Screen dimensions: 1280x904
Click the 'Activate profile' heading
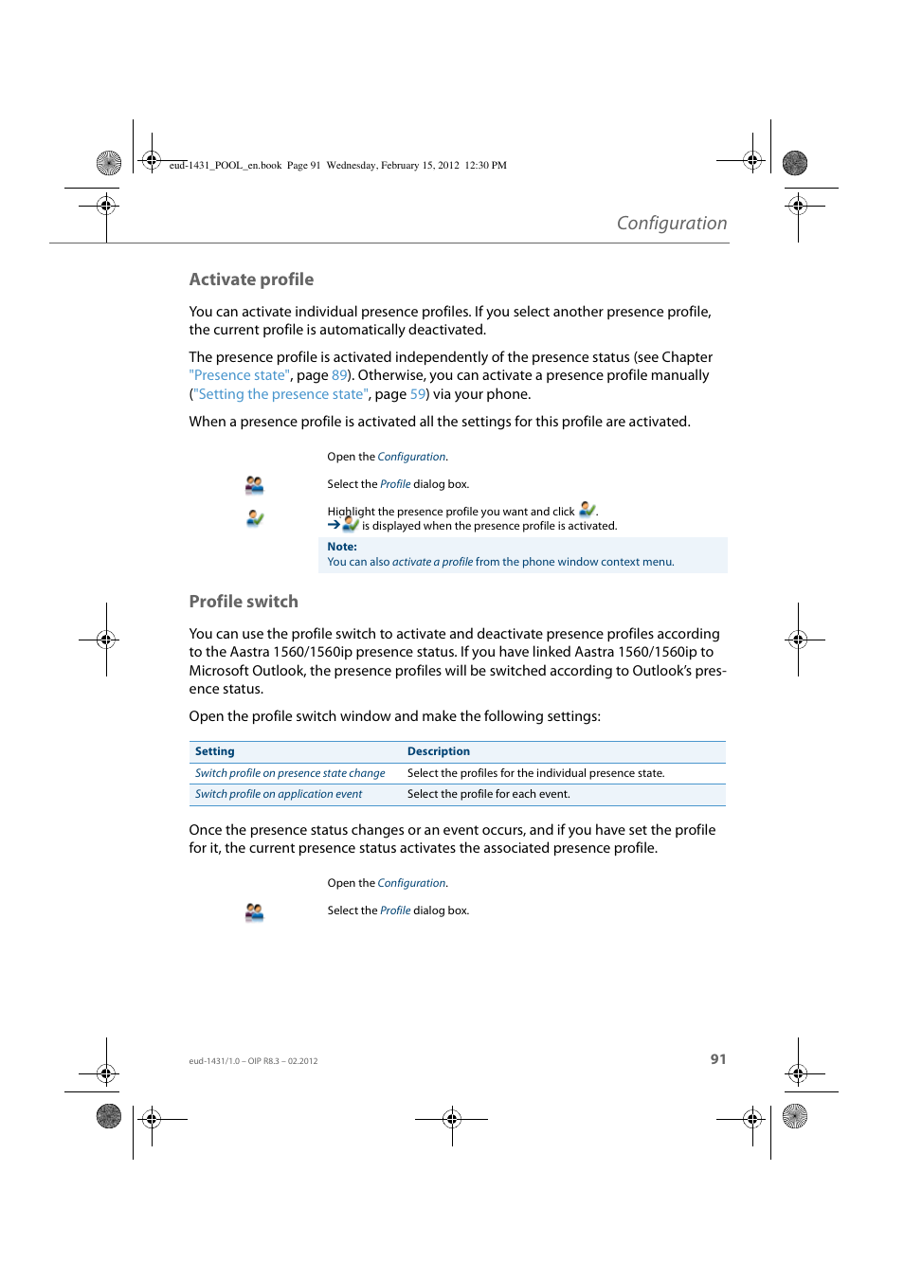click(251, 279)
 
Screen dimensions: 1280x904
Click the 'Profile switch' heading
click(244, 602)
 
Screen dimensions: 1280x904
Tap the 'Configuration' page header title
click(671, 224)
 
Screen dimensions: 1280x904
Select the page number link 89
click(338, 376)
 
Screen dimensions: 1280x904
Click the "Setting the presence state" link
click(280, 395)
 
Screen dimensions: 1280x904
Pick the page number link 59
click(417, 395)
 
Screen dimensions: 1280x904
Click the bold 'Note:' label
click(342, 547)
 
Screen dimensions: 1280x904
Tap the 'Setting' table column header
click(215, 751)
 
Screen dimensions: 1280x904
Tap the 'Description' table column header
click(439, 751)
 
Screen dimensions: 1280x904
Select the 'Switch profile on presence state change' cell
click(290, 773)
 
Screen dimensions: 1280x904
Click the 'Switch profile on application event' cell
click(279, 794)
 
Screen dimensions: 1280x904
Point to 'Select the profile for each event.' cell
click(488, 794)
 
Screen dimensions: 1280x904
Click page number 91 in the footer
click(718, 1059)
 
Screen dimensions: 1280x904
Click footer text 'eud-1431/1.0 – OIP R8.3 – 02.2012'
click(253, 1061)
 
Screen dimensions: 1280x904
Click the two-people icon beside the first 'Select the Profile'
click(254, 485)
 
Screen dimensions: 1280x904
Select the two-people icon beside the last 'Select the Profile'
click(254, 911)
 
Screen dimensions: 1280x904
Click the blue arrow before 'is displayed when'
click(334, 524)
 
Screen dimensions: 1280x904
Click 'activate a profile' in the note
click(432, 562)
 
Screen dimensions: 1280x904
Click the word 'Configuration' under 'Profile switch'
click(411, 883)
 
